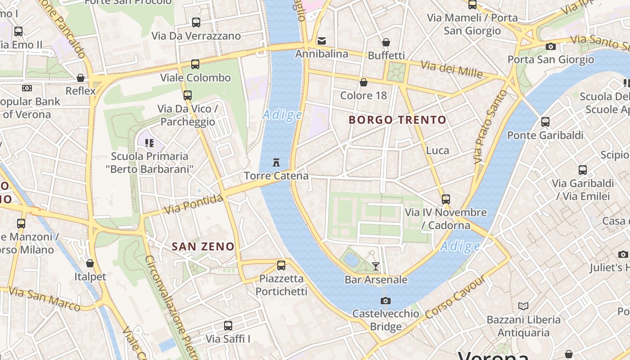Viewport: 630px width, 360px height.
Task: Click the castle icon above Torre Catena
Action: [276, 162]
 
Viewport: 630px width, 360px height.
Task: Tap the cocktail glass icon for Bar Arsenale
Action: [376, 266]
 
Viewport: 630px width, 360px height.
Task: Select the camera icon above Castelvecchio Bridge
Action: [385, 301]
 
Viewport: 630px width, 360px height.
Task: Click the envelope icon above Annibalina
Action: [322, 41]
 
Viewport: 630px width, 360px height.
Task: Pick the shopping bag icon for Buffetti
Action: [386, 43]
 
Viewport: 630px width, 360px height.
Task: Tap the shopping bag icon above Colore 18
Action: [363, 82]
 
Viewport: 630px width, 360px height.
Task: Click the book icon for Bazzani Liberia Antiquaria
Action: [523, 306]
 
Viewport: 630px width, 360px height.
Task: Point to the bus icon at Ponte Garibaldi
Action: [545, 122]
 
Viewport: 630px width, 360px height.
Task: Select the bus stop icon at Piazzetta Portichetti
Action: [281, 265]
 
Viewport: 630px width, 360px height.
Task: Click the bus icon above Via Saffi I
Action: [228, 325]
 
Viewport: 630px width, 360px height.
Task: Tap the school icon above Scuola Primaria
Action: [149, 143]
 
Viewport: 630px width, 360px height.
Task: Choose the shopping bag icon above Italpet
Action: [90, 263]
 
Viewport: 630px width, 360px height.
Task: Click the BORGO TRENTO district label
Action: [397, 120]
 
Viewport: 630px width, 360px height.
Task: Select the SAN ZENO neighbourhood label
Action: [203, 247]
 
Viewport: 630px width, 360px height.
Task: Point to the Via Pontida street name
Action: [193, 204]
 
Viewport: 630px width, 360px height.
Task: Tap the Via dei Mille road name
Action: [451, 69]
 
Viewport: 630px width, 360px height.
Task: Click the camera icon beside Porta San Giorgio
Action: [550, 46]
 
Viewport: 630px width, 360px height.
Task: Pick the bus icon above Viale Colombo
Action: [195, 64]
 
